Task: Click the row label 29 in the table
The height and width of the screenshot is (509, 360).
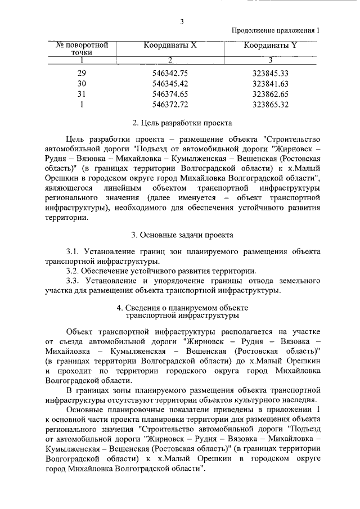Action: [82, 73]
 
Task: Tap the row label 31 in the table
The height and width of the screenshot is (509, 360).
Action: [82, 93]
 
